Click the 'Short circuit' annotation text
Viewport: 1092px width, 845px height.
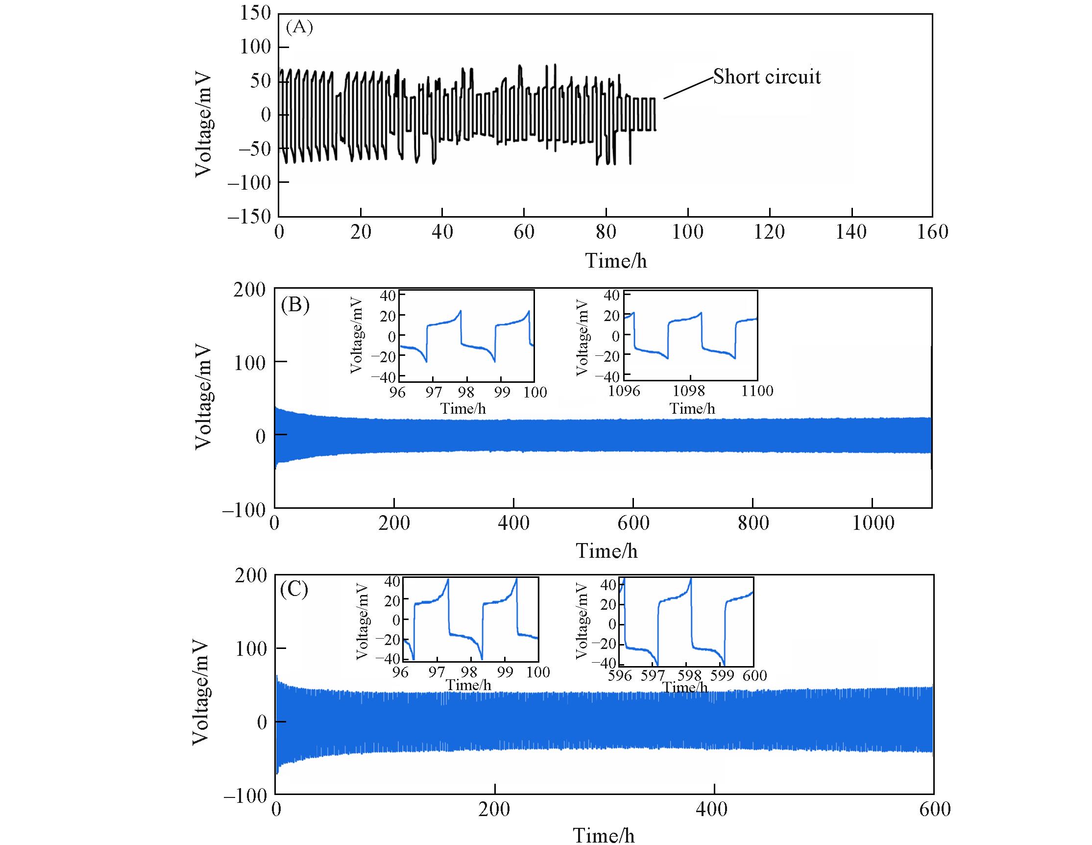pos(767,76)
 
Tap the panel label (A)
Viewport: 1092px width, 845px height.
pos(299,27)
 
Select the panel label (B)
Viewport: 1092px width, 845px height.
pos(295,304)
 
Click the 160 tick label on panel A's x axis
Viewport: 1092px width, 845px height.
pos(932,232)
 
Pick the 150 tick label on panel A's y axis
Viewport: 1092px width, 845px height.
pos(255,13)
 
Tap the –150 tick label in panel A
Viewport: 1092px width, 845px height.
pos(248,217)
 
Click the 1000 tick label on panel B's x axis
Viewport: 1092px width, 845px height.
pos(873,523)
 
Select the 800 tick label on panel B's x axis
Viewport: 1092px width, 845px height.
pos(753,523)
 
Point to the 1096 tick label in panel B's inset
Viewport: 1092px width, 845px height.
pos(624,391)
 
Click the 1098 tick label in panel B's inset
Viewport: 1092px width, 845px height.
pos(689,391)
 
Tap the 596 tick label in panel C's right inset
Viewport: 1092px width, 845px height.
pos(620,676)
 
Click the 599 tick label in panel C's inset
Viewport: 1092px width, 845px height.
pos(722,676)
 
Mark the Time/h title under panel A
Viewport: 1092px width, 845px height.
pos(616,261)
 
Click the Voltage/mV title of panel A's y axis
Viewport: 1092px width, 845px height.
pos(203,125)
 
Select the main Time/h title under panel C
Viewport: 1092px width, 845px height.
pos(604,835)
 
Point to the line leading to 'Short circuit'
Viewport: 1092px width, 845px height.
pos(688,89)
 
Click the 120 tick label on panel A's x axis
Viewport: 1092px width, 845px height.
pos(769,232)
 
